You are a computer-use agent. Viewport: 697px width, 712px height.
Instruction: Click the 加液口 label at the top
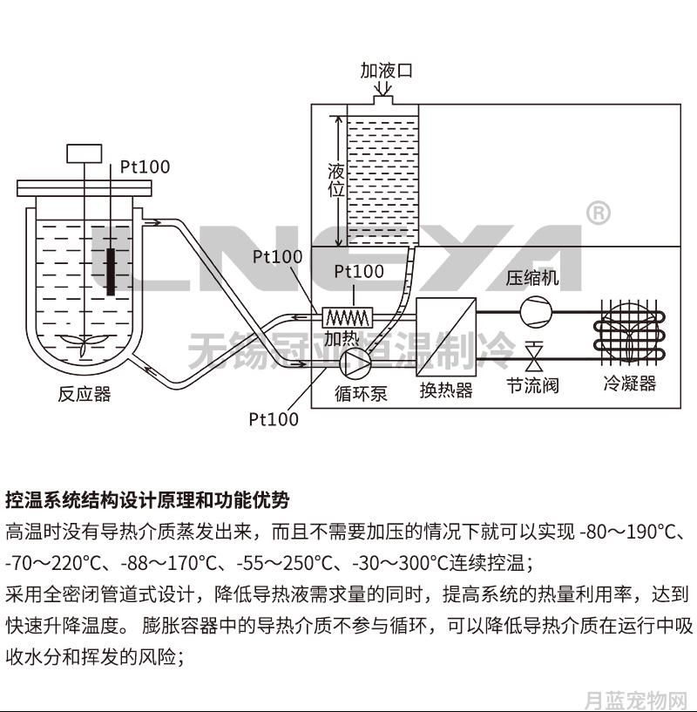pyautogui.click(x=387, y=71)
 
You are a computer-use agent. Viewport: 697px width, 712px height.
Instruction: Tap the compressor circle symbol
pyautogui.click(x=536, y=312)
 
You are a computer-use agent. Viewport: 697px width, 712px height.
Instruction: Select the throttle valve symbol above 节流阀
pyautogui.click(x=534, y=356)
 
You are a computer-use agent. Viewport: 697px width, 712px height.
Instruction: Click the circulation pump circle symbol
pyautogui.click(x=355, y=363)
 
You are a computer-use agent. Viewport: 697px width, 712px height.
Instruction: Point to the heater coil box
pyautogui.click(x=348, y=317)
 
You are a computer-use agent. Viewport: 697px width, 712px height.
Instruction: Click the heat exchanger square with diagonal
pyautogui.click(x=446, y=336)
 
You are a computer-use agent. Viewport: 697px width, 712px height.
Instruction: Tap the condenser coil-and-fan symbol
pyautogui.click(x=630, y=333)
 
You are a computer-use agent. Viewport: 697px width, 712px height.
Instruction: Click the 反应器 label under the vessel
pyautogui.click(x=85, y=394)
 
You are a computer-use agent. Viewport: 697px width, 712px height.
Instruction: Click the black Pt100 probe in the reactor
pyautogui.click(x=111, y=272)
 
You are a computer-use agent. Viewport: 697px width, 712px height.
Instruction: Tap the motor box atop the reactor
pyautogui.click(x=85, y=153)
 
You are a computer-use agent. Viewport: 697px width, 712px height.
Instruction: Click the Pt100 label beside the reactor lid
pyautogui.click(x=145, y=166)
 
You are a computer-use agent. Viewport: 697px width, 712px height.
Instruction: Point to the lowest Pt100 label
pyautogui.click(x=274, y=418)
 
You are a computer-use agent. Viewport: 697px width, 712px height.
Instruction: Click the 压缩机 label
pyautogui.click(x=532, y=277)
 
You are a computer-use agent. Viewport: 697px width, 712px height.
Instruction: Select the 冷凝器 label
pyautogui.click(x=630, y=383)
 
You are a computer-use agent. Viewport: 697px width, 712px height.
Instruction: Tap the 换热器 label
pyautogui.click(x=446, y=390)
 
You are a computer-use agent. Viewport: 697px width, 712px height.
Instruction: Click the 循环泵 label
pyautogui.click(x=361, y=393)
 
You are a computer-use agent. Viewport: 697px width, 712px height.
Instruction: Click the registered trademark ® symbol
pyautogui.click(x=599, y=213)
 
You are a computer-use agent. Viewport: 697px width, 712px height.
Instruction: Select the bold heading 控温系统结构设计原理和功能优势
pyautogui.click(x=147, y=499)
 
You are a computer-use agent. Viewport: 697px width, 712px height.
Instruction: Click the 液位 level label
pyautogui.click(x=336, y=180)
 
